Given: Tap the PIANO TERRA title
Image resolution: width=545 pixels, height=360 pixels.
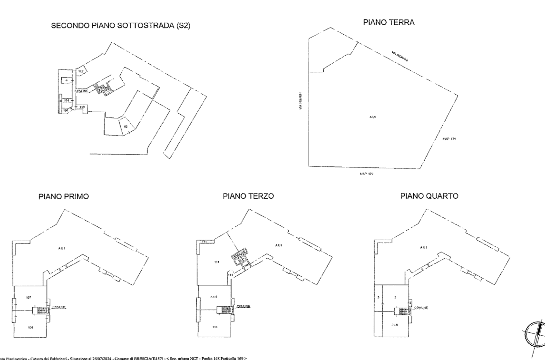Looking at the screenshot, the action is pyautogui.click(x=389, y=22).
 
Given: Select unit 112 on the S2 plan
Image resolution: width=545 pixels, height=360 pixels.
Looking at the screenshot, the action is pyautogui.click(x=81, y=71).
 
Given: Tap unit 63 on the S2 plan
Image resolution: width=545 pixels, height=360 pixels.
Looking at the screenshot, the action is pyautogui.click(x=126, y=126).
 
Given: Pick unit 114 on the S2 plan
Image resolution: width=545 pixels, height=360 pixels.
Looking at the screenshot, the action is pyautogui.click(x=67, y=101).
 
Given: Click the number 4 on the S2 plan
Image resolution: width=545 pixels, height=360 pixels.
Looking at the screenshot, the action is pyautogui.click(x=67, y=81).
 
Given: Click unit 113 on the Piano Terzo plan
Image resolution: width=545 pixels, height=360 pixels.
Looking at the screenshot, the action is pyautogui.click(x=214, y=328).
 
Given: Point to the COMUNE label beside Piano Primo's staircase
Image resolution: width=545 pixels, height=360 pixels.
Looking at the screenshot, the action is pyautogui.click(x=59, y=307).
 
